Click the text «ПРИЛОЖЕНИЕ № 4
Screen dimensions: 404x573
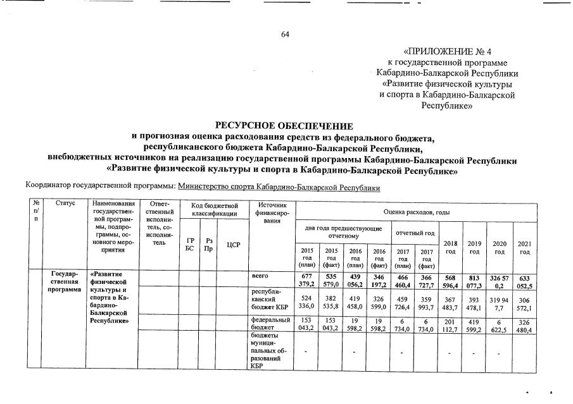pos(447,51)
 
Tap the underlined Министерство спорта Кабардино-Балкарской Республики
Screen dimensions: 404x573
pos(279,188)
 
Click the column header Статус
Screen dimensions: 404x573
pos(65,204)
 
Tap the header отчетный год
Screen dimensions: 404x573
pos(415,232)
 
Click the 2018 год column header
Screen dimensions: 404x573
pos(450,247)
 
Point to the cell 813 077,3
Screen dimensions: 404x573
pos(474,280)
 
